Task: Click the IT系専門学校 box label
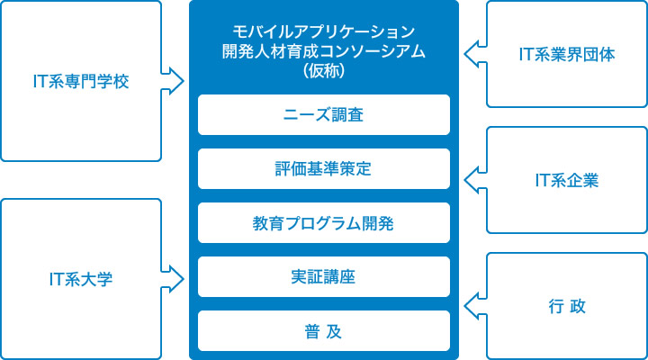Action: (80, 82)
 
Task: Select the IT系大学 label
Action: (80, 280)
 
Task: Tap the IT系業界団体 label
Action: (567, 55)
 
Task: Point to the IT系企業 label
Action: (567, 181)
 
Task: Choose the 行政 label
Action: (567, 307)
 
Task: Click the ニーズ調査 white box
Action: (323, 114)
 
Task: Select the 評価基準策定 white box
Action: (323, 168)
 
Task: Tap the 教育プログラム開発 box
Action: (323, 222)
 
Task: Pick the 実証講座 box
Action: (323, 276)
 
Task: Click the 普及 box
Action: (323, 330)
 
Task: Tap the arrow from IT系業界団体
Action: (474, 55)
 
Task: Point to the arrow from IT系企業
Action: (474, 181)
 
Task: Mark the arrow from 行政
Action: (474, 307)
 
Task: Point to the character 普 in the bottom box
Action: (310, 330)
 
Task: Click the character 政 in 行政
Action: (578, 307)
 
